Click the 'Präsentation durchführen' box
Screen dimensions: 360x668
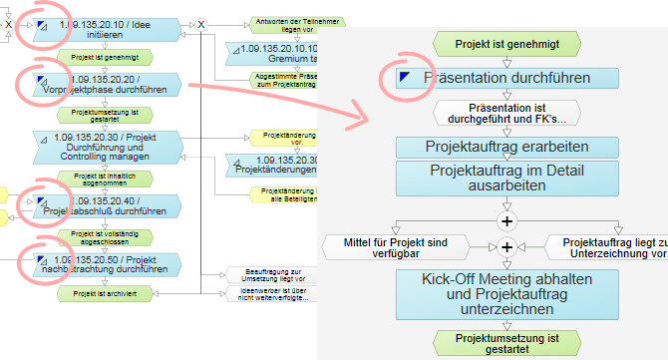pos(507,77)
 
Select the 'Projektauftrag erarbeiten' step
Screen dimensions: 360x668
pos(506,147)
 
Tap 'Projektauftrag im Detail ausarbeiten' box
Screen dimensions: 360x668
pos(506,179)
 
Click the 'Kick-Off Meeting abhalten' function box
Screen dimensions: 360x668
pos(506,294)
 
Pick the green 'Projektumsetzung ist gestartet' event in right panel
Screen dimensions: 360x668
pos(506,342)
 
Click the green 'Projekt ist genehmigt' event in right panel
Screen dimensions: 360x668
pos(506,43)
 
